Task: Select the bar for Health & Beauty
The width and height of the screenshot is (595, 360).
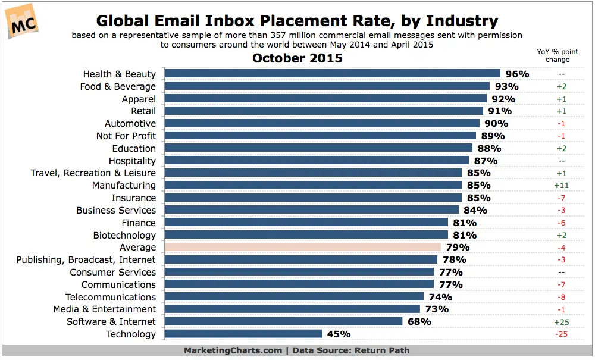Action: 332,74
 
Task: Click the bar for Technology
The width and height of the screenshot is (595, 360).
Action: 243,334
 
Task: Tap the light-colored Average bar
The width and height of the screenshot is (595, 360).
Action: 302,247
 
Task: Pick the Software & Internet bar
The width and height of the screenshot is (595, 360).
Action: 283,321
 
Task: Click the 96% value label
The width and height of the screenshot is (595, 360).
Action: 517,74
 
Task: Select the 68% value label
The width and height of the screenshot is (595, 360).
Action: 419,322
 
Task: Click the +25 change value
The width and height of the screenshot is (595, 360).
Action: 561,322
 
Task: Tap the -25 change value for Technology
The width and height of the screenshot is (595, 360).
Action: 561,334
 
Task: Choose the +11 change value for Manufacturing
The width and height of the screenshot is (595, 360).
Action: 561,186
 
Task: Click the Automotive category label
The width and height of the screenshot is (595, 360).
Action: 130,124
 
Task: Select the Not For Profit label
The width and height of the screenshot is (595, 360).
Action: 126,136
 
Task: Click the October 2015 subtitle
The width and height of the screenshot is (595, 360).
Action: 297,58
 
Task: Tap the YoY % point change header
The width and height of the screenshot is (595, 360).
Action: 558,55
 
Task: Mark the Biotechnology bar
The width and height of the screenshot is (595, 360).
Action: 306,235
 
